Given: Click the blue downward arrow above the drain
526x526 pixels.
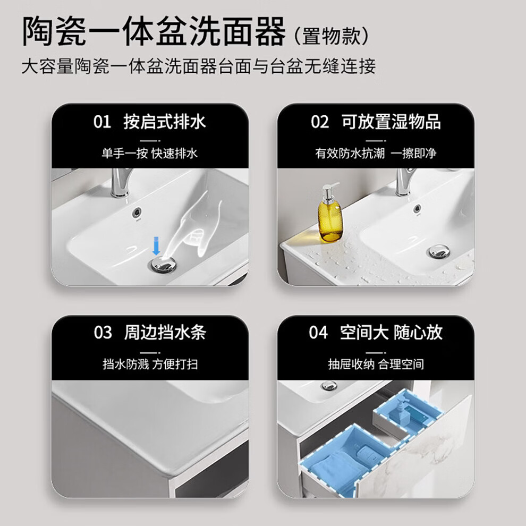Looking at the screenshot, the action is coord(156,245).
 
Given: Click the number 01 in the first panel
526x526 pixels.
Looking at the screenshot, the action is coord(102,122).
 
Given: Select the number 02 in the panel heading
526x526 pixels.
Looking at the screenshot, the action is coord(319,122).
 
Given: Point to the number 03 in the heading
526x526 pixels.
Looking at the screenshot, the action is coord(103,333).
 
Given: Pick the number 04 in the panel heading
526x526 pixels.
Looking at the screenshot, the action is coord(318,333).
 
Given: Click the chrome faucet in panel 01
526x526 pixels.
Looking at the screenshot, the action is coord(121,182).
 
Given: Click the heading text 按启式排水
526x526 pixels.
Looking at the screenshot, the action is coord(165,122).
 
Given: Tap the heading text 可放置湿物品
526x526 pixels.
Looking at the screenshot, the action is coord(391,122).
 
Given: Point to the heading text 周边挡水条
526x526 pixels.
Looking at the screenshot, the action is coord(165,333).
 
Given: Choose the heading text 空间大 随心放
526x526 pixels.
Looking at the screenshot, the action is coord(391,333).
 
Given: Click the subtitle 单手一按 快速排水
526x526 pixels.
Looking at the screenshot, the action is coord(150,154).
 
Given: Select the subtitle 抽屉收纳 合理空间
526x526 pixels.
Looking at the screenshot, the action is coord(376,364).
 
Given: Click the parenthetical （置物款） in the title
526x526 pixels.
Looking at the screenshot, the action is coord(332,36).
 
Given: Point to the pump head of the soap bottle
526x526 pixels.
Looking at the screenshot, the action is coord(330,190).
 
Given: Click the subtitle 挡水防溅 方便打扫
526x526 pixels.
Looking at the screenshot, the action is coord(150,364).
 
